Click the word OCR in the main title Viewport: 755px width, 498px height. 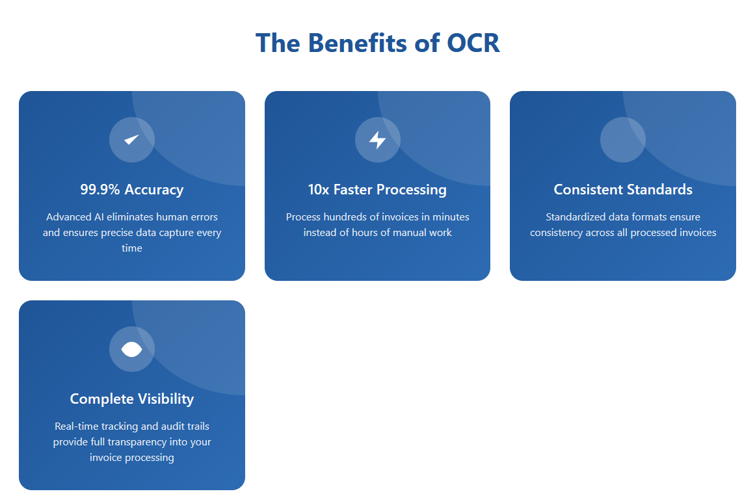(x=473, y=44)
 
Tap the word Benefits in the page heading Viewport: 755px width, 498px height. (x=357, y=44)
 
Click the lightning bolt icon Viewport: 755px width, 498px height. (x=377, y=140)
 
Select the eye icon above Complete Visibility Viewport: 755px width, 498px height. (x=131, y=349)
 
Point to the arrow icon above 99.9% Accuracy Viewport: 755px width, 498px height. (x=131, y=139)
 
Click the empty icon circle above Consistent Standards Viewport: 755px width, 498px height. (x=622, y=140)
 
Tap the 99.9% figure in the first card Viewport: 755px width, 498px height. (x=99, y=190)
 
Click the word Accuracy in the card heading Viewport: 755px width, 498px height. (x=154, y=190)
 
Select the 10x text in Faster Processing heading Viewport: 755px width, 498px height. (x=318, y=190)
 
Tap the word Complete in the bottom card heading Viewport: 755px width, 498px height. (x=101, y=399)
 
